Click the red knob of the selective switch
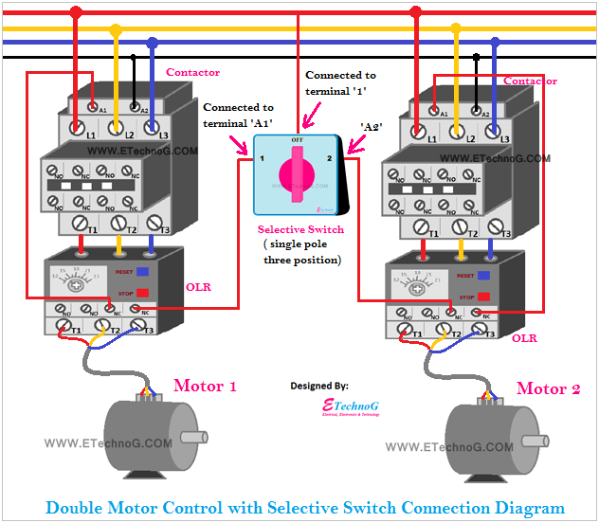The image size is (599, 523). click(298, 176)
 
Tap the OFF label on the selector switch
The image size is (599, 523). click(297, 139)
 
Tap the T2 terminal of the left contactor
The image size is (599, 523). click(119, 225)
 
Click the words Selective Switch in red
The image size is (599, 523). click(300, 230)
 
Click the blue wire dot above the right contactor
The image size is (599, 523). click(495, 43)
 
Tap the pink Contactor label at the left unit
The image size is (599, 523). click(192, 73)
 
